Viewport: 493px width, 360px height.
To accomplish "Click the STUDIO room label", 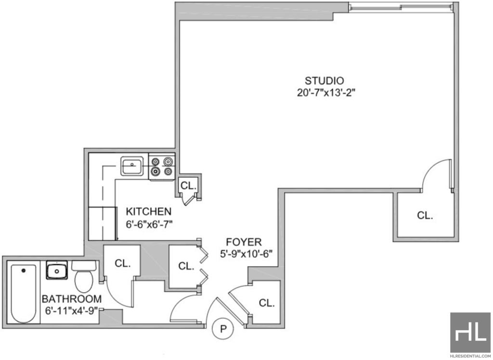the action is [x=324, y=81].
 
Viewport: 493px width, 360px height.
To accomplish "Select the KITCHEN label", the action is [x=149, y=211].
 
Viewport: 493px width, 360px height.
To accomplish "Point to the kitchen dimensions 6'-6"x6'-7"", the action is [x=149, y=224].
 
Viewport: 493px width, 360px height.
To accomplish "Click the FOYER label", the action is [x=244, y=242].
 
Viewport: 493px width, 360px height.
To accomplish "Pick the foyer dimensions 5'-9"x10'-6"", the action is [x=246, y=254].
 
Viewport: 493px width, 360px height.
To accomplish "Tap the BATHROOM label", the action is [x=72, y=299].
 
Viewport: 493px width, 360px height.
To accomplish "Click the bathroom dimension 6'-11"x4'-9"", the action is [x=72, y=310].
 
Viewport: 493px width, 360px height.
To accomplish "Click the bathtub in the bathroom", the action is [x=23, y=294].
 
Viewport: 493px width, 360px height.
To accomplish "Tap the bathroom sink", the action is [x=57, y=270].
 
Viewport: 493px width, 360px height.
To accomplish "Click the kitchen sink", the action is [x=132, y=166].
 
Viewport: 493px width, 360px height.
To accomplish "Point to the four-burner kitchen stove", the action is [x=162, y=167].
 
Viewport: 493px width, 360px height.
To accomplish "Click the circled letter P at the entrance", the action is [x=223, y=329].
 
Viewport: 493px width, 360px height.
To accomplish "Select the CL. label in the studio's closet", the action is [x=425, y=216].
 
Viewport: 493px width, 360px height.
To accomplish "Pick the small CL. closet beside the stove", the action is [x=188, y=186].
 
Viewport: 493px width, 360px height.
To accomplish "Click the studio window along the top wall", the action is [x=401, y=7].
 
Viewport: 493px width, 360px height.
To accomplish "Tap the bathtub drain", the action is [x=23, y=270].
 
